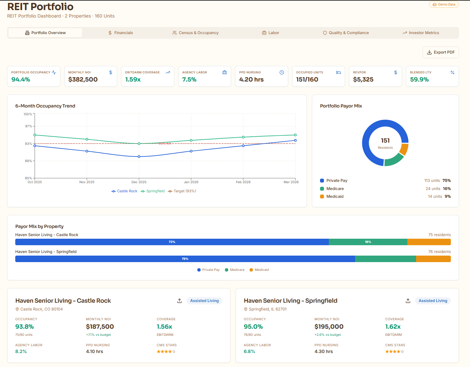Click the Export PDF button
[440, 52]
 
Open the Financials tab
[120, 33]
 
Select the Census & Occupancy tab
[195, 33]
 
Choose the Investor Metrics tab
[421, 33]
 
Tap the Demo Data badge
[444, 5]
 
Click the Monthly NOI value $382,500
[83, 80]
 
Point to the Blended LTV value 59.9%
[419, 80]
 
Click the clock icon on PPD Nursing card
[282, 72]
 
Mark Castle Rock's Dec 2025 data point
[139, 157]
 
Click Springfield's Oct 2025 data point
[35, 135]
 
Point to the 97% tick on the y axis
[29, 126]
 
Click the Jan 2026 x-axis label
[191, 182]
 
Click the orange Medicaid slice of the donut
[404, 149]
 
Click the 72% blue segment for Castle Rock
[172, 242]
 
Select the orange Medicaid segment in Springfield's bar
[433, 259]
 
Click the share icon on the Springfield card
[408, 301]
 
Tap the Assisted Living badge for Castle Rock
[204, 301]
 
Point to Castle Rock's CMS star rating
[166, 352]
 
